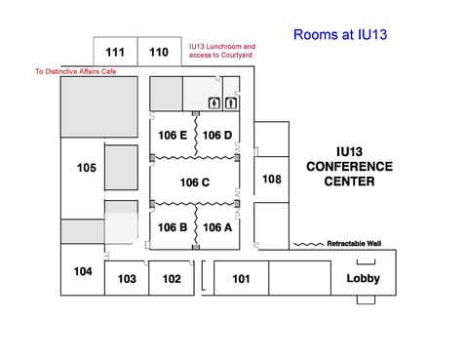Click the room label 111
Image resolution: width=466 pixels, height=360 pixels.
pyautogui.click(x=115, y=53)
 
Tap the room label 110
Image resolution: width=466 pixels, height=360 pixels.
pyautogui.click(x=159, y=53)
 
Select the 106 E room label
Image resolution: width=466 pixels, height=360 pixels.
pyautogui.click(x=172, y=135)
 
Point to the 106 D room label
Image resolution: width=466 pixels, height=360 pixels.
pyautogui.click(x=217, y=135)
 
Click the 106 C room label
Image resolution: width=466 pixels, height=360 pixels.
pyautogui.click(x=195, y=182)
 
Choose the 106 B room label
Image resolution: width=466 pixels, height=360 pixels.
pyautogui.click(x=172, y=227)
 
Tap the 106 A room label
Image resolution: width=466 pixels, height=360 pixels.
pyautogui.click(x=217, y=227)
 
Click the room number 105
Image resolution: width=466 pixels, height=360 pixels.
pyautogui.click(x=86, y=168)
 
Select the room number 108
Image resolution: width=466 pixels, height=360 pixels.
pyautogui.click(x=272, y=180)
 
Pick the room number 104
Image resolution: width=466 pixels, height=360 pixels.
pyautogui.click(x=83, y=271)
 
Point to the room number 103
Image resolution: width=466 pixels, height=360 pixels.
pyautogui.click(x=127, y=279)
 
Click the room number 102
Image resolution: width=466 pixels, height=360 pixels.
pyautogui.click(x=172, y=279)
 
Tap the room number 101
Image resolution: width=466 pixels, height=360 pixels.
pyautogui.click(x=242, y=279)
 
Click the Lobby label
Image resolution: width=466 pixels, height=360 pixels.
pyautogui.click(x=364, y=279)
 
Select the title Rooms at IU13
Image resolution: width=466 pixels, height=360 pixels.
pyautogui.click(x=341, y=35)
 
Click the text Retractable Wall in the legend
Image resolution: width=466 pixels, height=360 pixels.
pyautogui.click(x=355, y=243)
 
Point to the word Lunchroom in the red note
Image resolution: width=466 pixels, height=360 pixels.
pyautogui.click(x=225, y=46)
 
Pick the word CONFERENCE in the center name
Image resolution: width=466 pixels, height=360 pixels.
pyautogui.click(x=349, y=167)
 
